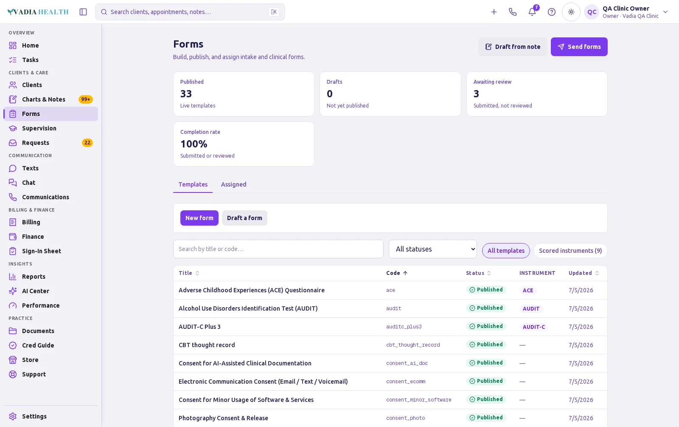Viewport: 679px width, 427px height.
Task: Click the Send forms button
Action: (x=579, y=47)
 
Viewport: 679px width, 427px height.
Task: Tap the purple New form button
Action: (x=199, y=218)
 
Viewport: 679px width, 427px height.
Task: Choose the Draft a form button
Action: (x=244, y=218)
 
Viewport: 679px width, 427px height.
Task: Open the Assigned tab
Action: (x=233, y=184)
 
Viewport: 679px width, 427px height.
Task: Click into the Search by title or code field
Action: (x=278, y=249)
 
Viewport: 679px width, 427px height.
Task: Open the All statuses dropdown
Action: (x=432, y=249)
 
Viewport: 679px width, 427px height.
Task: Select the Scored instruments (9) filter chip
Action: (x=570, y=251)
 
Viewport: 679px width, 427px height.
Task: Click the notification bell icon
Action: (x=532, y=12)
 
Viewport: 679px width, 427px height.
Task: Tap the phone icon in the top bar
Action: (x=513, y=12)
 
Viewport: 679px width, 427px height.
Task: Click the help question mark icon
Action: (x=551, y=12)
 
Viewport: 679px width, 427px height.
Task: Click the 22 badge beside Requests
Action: (x=87, y=143)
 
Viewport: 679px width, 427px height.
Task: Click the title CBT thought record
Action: (x=207, y=345)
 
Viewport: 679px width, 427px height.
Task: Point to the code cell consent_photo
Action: (x=405, y=418)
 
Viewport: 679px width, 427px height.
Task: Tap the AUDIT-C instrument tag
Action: (x=533, y=327)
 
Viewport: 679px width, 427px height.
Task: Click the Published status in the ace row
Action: (x=486, y=290)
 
